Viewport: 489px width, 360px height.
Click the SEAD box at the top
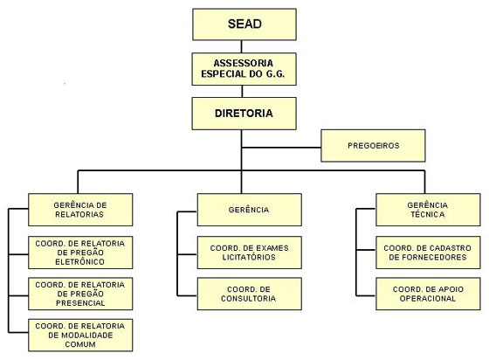click(244, 24)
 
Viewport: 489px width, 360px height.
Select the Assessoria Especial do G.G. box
click(244, 69)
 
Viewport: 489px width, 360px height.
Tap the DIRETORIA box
click(244, 114)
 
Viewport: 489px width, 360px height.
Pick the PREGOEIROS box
click(374, 146)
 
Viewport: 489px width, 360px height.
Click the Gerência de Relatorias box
click(80, 210)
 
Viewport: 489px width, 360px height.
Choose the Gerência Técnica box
click(428, 210)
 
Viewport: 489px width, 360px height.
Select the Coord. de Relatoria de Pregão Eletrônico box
click(80, 253)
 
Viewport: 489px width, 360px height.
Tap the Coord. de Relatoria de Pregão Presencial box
click(80, 294)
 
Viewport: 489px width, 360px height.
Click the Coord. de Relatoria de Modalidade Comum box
click(80, 335)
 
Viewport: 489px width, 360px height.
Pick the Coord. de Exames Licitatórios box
click(250, 253)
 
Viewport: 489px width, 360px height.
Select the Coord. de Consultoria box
click(250, 294)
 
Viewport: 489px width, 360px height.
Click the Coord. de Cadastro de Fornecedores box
click(428, 253)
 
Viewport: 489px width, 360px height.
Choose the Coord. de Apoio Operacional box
click(428, 294)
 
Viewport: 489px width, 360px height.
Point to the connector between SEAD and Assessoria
click(241, 46)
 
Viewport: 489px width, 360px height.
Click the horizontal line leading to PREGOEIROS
click(281, 148)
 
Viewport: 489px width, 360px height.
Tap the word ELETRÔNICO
click(79, 262)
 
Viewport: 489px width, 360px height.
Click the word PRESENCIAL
click(80, 303)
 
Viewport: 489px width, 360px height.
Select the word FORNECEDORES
click(428, 257)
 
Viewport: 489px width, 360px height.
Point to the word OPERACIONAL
click(428, 299)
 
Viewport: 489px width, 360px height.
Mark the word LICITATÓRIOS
click(249, 257)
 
